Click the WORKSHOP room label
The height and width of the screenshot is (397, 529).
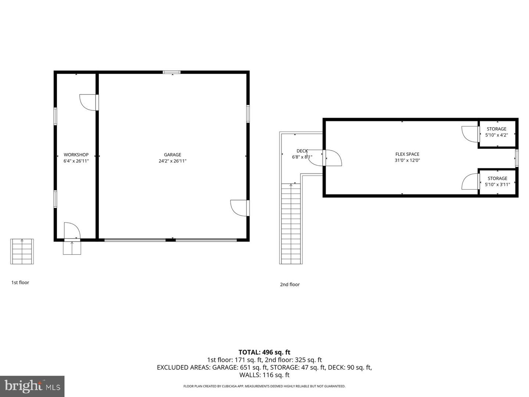76,155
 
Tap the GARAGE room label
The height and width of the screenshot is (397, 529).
172,155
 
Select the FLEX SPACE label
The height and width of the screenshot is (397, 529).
407,154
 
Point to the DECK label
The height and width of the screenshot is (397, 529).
302,151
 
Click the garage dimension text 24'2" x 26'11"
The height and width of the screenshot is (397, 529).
172,161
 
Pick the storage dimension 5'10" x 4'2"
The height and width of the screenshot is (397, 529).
496,135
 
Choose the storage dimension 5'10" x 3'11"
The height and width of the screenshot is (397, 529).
497,185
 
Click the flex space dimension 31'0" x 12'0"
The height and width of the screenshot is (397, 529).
407,160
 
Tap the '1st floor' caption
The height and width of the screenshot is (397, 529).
20,282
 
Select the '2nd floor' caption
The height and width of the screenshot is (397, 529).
290,284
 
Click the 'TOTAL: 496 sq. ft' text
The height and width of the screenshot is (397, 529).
264,352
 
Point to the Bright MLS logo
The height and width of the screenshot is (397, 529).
32,386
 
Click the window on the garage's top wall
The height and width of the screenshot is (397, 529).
172,72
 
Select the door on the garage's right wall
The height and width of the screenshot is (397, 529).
240,208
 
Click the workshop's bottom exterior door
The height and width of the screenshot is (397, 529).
72,232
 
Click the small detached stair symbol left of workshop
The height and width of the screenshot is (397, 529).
22,251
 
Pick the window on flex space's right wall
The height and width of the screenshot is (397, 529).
517,158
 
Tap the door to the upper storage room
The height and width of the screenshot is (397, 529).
471,133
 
